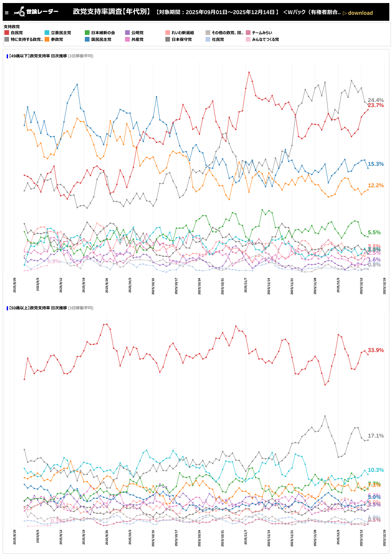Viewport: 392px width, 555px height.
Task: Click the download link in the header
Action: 358,13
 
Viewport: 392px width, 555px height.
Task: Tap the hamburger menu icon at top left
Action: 7,13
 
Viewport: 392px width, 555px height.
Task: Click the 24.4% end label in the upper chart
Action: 376,100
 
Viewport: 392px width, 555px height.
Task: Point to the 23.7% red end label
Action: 376,105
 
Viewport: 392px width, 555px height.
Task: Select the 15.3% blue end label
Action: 376,164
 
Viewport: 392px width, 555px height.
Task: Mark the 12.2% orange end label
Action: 376,186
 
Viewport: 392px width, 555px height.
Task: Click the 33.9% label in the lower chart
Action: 376,350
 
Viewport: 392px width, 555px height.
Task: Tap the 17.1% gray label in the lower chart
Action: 376,436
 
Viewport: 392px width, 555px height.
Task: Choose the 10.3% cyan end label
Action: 376,470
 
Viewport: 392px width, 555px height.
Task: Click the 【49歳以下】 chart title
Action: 50,56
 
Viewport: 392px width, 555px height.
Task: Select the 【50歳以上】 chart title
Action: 50,308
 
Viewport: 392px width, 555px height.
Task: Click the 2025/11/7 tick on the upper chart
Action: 246,285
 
